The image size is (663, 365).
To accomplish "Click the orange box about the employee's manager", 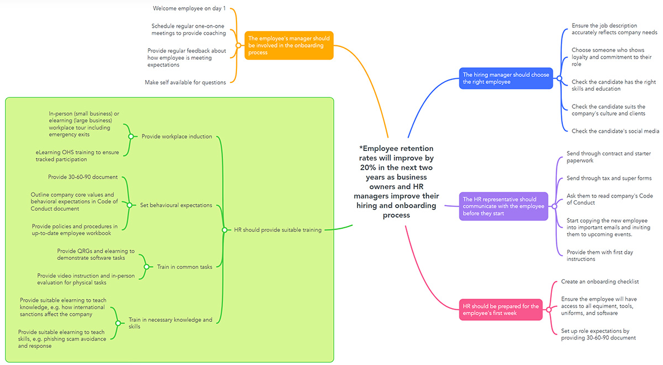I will (289, 45).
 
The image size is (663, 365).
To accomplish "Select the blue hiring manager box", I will (506, 78).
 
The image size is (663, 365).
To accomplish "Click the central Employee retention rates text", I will (396, 181).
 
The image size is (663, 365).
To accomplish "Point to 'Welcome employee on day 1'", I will (189, 8).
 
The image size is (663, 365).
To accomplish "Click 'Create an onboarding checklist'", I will (600, 281).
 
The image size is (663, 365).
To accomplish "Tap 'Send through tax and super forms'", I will (609, 178).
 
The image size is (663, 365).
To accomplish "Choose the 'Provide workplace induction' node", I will (176, 136).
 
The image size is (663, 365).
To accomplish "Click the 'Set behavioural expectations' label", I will (176, 205).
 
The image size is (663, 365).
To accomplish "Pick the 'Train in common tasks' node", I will (184, 267).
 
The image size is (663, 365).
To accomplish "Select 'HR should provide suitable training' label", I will (277, 230).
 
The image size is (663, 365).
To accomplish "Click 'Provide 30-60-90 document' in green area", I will (83, 177).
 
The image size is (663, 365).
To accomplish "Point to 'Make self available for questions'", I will (185, 82).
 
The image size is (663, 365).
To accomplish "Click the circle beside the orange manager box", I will (239, 45).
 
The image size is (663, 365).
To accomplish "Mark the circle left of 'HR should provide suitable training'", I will (224, 230).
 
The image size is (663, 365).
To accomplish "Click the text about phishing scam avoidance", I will (62, 339).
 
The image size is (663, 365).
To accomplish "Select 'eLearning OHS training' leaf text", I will (77, 156).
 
